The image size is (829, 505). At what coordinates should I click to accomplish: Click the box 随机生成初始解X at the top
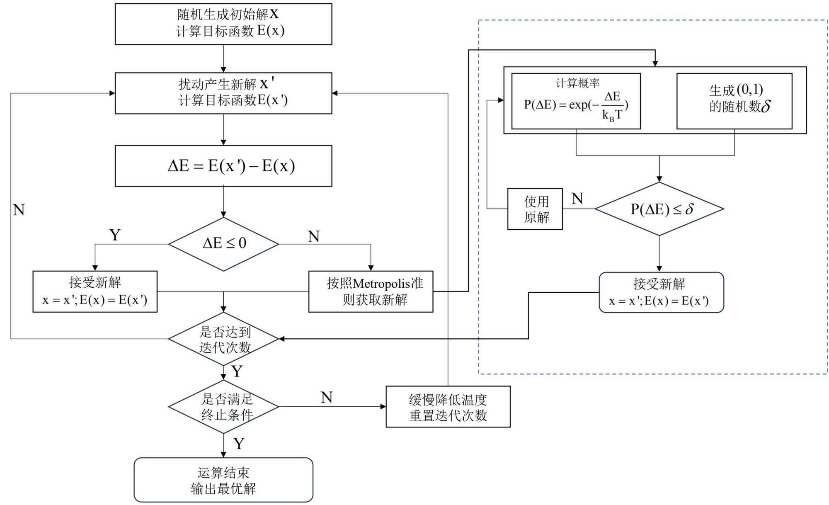(223, 24)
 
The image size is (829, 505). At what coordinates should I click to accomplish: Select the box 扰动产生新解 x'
(223, 93)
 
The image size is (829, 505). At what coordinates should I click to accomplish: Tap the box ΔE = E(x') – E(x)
(223, 165)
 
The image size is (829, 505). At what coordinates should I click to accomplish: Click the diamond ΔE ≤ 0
(223, 244)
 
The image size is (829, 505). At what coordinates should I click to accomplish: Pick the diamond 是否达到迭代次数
(223, 339)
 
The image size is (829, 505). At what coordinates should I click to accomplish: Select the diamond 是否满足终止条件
(223, 407)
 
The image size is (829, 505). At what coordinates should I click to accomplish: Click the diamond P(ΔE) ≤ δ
(659, 209)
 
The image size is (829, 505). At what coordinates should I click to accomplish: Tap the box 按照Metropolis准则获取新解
(371, 291)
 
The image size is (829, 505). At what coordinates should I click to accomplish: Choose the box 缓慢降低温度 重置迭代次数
(448, 407)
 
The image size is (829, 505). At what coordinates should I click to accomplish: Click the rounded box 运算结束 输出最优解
(223, 480)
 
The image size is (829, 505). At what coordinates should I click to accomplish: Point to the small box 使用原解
(535, 209)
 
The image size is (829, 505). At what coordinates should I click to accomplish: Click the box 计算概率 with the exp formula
(576, 101)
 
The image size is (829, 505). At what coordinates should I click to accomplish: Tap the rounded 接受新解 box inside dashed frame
(661, 292)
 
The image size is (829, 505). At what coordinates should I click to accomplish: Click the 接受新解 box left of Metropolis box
(95, 291)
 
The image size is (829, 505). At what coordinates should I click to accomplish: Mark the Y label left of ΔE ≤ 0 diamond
(115, 235)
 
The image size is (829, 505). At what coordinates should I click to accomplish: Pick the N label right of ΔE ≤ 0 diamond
(314, 237)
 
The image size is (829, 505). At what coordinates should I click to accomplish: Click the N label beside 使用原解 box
(577, 199)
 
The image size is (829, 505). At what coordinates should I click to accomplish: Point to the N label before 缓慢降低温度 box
(327, 398)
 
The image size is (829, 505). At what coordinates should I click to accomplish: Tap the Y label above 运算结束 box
(239, 444)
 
